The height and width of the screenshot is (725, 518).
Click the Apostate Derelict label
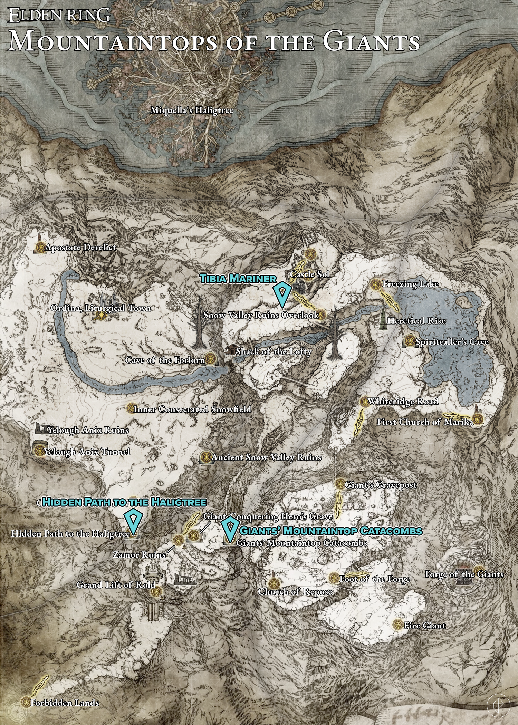80,248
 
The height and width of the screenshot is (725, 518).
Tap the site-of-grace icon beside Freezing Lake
375,284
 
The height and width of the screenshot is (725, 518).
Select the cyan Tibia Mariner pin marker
282,295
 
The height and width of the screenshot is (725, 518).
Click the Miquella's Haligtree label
192,111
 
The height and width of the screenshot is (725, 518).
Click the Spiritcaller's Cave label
452,342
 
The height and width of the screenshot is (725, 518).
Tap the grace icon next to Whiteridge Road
364,402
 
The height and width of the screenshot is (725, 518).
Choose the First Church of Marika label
425,422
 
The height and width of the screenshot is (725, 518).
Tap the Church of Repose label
295,591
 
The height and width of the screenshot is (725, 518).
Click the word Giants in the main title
371,42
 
